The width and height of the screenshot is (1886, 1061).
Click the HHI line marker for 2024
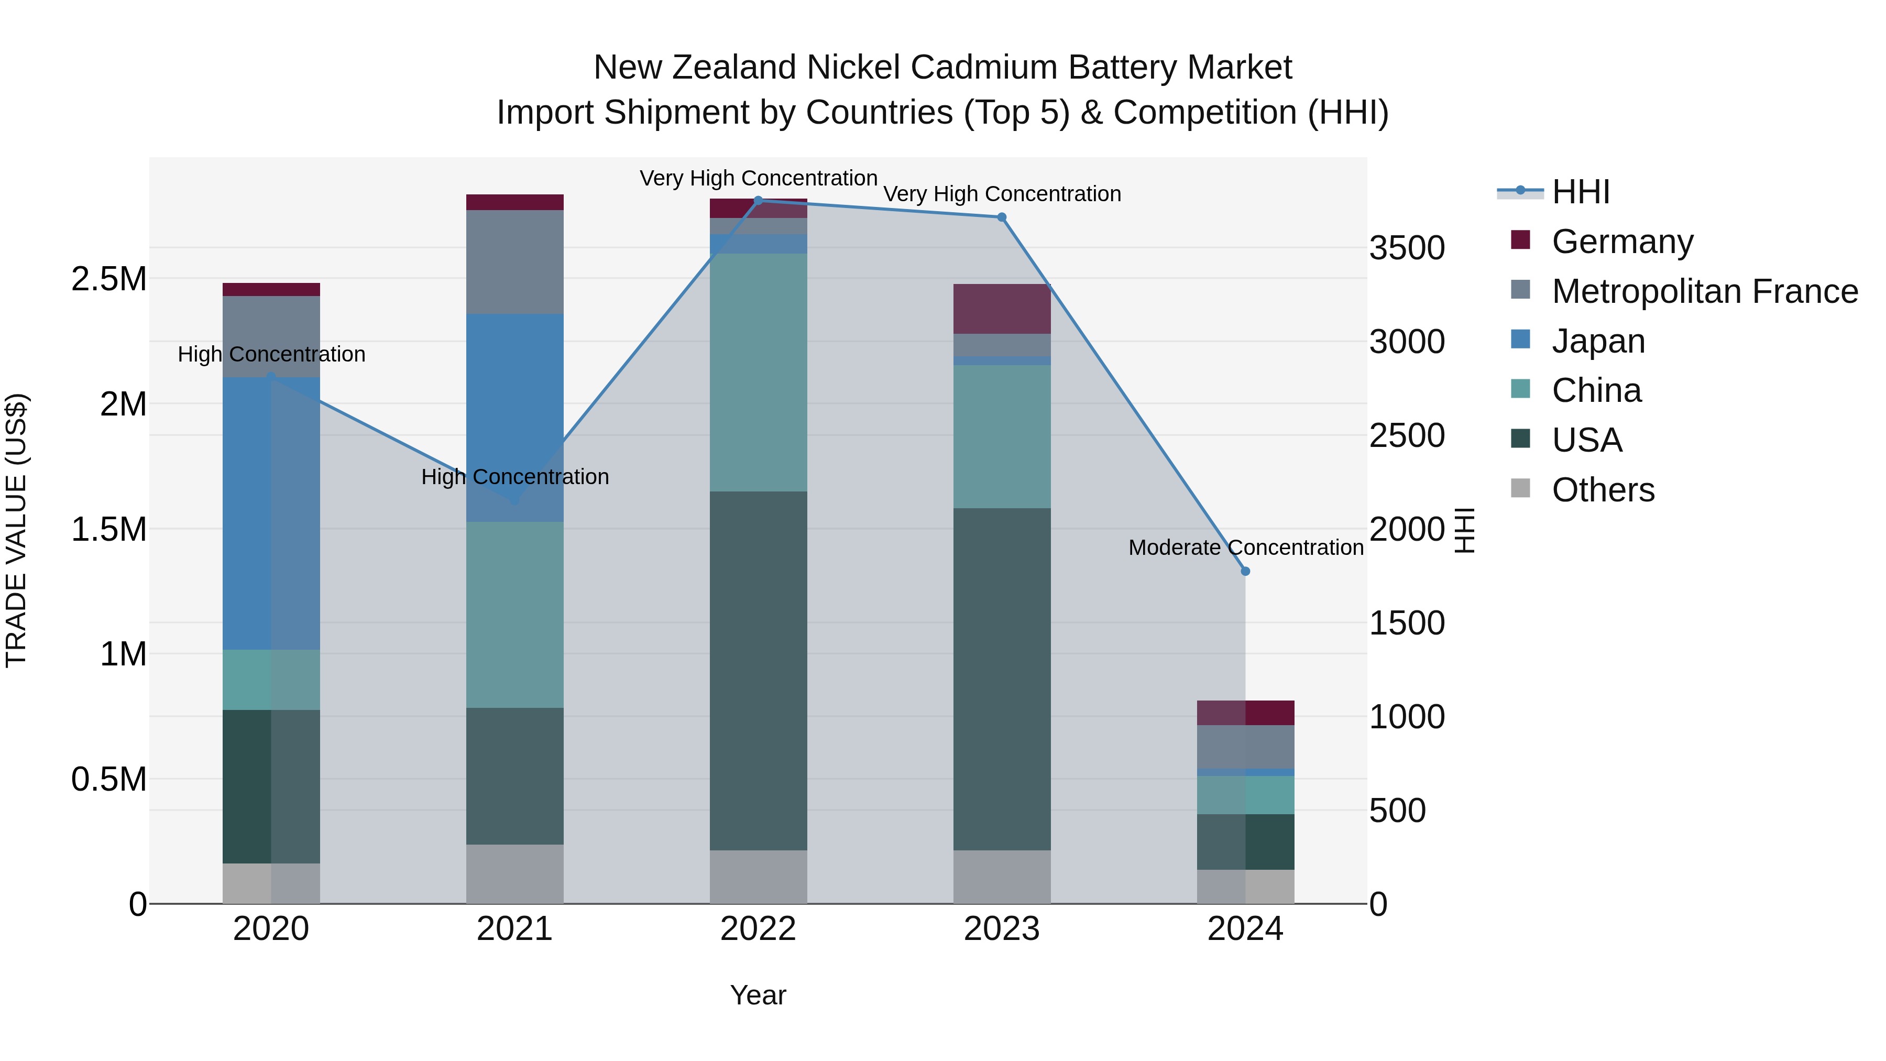(x=1245, y=571)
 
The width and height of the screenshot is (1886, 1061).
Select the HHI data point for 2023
(x=1002, y=217)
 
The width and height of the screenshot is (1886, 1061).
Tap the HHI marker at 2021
(x=514, y=501)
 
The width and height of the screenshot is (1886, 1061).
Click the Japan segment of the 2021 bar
(x=514, y=418)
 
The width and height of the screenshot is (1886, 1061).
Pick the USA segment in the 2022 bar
(x=759, y=670)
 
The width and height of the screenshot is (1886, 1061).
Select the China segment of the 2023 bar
(x=1002, y=436)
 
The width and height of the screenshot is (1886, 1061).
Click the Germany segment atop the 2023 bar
(x=1002, y=309)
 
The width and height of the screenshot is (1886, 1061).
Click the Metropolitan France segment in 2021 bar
(x=514, y=262)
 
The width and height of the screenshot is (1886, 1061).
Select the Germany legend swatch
(x=1521, y=240)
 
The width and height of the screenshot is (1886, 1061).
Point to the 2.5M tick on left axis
(x=108, y=279)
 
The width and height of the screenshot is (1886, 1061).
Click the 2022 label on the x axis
(x=759, y=929)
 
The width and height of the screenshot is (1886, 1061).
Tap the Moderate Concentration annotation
(x=1245, y=547)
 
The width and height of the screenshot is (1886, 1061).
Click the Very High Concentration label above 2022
(x=759, y=178)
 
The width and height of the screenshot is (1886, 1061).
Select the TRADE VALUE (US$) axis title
(x=16, y=530)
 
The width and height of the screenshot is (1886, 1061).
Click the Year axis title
(x=759, y=995)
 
